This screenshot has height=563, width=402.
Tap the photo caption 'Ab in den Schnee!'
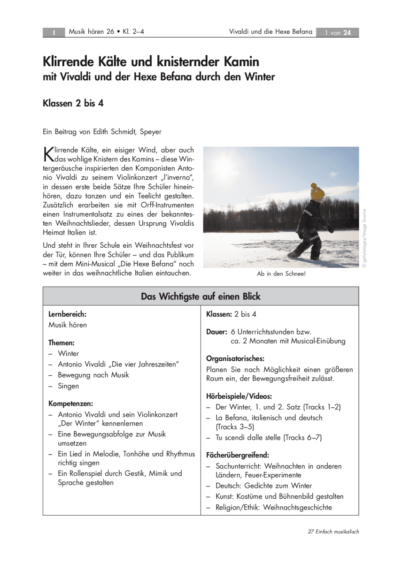click(x=281, y=274)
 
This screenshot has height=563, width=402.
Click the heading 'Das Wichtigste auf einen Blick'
click(x=201, y=297)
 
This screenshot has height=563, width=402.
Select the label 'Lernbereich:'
click(x=67, y=314)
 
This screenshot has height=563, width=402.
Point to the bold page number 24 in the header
click(x=347, y=32)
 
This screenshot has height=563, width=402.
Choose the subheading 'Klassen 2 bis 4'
click(x=73, y=104)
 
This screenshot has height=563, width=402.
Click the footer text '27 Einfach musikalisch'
click(x=333, y=532)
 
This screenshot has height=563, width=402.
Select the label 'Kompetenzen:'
click(x=70, y=403)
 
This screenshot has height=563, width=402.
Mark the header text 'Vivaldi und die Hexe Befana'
click(x=271, y=32)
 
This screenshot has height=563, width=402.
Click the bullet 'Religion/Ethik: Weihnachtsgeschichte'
click(x=273, y=507)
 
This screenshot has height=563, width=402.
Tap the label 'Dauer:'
click(x=217, y=331)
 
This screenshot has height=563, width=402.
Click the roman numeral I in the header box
click(x=54, y=32)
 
